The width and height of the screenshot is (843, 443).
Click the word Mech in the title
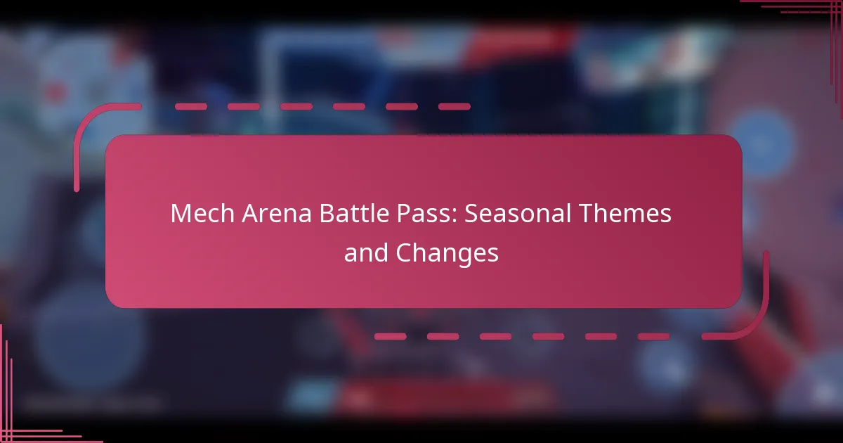pyautogui.click(x=202, y=213)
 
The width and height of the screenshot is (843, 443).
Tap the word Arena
pyautogui.click(x=277, y=214)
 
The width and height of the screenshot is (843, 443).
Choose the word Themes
pyautogui.click(x=625, y=213)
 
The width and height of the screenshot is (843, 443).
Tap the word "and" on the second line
pyautogui.click(x=366, y=252)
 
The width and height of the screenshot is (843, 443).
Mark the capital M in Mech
pyautogui.click(x=180, y=214)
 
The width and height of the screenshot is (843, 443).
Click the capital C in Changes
pyautogui.click(x=405, y=252)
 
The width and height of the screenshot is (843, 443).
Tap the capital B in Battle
pyautogui.click(x=327, y=214)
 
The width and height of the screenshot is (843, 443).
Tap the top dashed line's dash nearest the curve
pyautogui.click(x=191, y=107)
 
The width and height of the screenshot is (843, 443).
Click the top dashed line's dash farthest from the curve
pyautogui.click(x=455, y=107)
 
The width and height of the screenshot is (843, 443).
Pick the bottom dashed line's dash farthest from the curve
pyautogui.click(x=391, y=336)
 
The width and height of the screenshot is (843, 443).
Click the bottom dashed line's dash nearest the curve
pyautogui.click(x=654, y=336)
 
